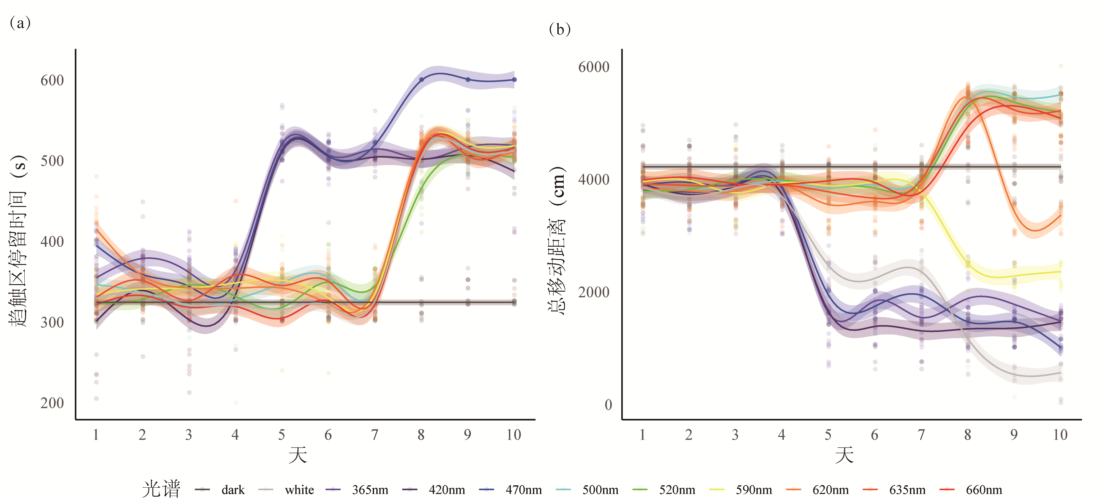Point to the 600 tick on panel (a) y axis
point(52,80)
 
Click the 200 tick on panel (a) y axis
point(52,403)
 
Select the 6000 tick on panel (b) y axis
point(593,67)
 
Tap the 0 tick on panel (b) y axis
point(608,405)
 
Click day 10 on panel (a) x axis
point(514,435)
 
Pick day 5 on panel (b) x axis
point(828,435)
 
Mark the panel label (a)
point(20,22)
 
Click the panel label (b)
point(559,29)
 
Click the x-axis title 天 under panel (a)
point(297,455)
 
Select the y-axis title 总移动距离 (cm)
point(557,241)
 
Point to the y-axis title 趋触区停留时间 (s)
point(18,241)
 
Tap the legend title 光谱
point(161,489)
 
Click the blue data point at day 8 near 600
point(421,80)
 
